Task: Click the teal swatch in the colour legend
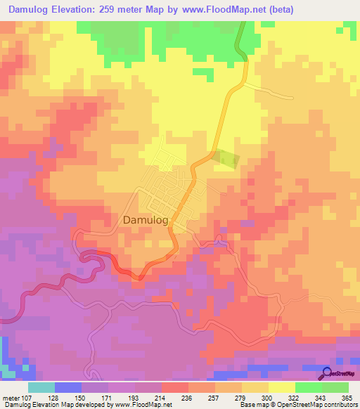pos(41,388)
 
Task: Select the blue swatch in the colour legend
pos(68,388)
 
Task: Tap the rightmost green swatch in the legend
pos(335,388)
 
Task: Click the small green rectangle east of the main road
pos(226,159)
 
